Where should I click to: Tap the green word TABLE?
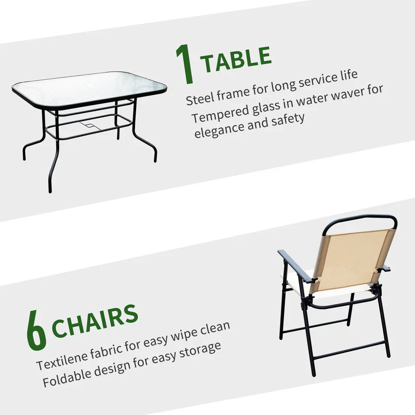(x=236, y=59)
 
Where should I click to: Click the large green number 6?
(x=36, y=330)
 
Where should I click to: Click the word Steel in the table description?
(x=200, y=98)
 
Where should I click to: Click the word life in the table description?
(x=348, y=75)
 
